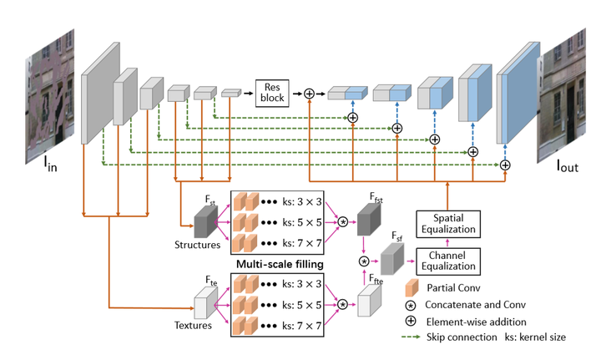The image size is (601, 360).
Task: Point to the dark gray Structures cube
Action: (205, 221)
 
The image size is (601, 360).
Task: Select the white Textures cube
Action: (205, 304)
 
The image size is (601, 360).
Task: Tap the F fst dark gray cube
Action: (367, 221)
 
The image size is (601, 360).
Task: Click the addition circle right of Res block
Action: (309, 94)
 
